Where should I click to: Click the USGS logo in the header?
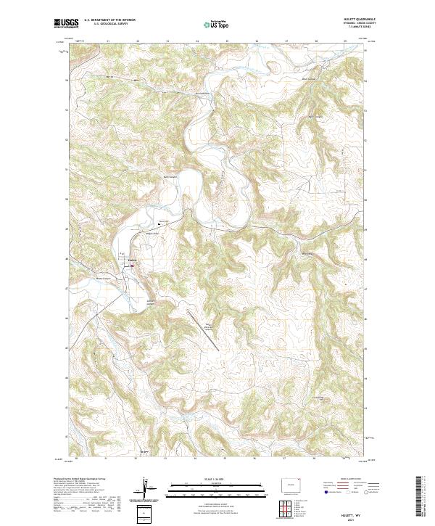click(66, 24)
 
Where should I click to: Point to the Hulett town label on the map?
click(132, 259)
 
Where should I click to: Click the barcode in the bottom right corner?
click(423, 497)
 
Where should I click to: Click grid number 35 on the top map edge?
click(228, 42)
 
